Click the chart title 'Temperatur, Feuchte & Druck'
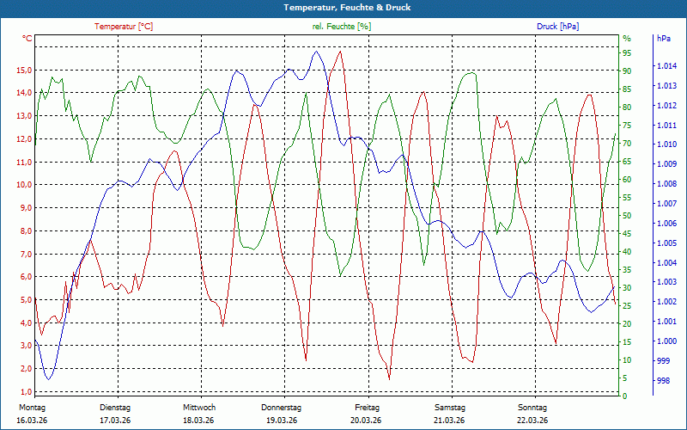click(343, 8)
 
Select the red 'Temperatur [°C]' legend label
click(124, 27)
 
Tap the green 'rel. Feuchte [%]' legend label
click(342, 27)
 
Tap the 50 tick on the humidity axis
click(627, 216)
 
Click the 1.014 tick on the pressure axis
click(666, 66)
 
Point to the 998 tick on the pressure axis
click(663, 380)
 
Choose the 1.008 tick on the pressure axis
click(666, 184)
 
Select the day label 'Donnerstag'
click(282, 408)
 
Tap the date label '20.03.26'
click(367, 421)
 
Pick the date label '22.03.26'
click(532, 421)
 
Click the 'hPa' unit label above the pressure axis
click(663, 39)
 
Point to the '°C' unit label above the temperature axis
click(27, 39)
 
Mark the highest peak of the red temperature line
click(341, 52)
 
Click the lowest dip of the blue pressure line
click(49, 379)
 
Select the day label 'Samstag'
click(450, 408)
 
